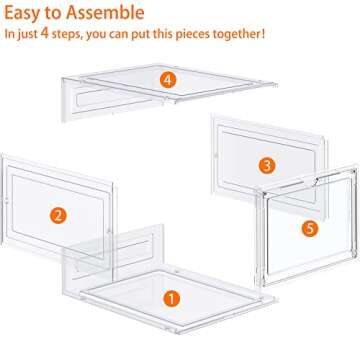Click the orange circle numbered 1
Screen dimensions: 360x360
coord(171,299)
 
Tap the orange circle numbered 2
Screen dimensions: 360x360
coord(58,215)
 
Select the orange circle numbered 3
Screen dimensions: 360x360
coord(267,165)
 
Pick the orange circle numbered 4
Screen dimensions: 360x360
coord(168,80)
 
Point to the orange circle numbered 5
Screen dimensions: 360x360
coord(310,229)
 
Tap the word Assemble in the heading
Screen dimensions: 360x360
coord(105,13)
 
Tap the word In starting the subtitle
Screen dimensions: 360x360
coord(9,34)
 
